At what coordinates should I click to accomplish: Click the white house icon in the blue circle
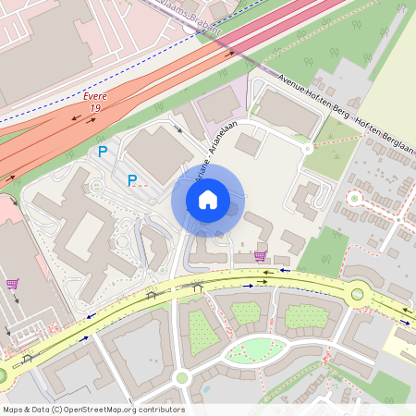click(x=208, y=199)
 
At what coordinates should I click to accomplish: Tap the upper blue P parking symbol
click(x=103, y=151)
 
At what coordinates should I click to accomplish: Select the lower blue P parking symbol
click(x=132, y=180)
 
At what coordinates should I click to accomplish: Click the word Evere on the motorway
click(x=95, y=96)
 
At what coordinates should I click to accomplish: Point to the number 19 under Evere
click(x=95, y=108)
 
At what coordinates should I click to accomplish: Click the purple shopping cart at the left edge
click(x=12, y=284)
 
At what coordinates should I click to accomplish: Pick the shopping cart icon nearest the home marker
click(x=260, y=256)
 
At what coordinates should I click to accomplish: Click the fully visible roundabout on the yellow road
click(x=357, y=295)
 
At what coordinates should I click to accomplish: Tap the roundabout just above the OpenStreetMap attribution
click(x=182, y=377)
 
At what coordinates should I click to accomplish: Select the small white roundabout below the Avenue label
click(x=307, y=148)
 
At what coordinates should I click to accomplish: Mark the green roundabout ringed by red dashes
click(x=353, y=198)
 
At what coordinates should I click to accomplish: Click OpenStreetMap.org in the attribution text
click(x=102, y=410)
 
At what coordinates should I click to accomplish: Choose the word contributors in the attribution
click(x=160, y=410)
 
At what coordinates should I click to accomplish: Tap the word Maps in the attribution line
click(x=13, y=410)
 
